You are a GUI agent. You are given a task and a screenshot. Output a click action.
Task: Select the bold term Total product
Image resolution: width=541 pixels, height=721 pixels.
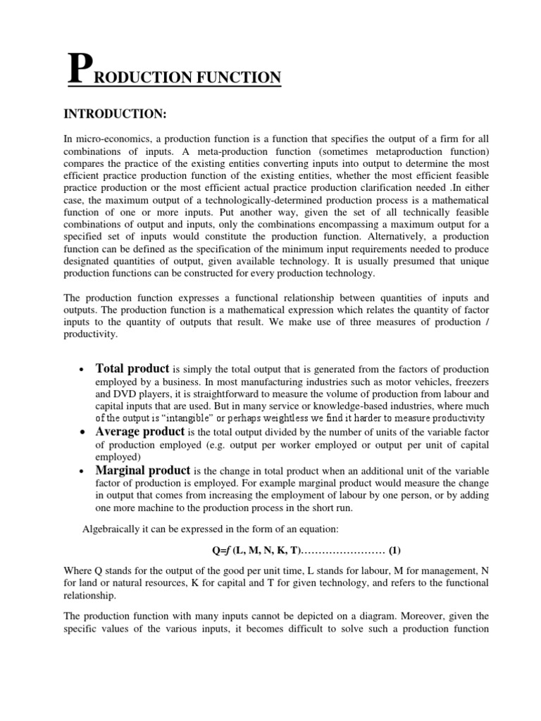pyautogui.click(x=132, y=368)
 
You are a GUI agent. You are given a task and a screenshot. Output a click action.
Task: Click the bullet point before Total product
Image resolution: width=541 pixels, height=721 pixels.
pyautogui.click(x=83, y=370)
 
